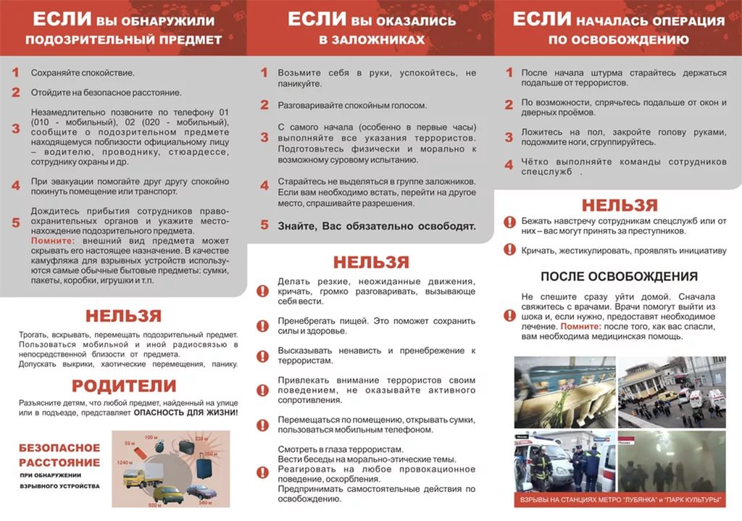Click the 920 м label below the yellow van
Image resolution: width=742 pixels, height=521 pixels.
coord(154,504)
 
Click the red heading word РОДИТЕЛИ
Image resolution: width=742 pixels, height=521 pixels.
coord(124,386)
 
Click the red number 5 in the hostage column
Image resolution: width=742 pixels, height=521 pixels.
coord(264,225)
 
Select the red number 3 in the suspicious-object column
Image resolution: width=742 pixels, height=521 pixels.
coord(16,128)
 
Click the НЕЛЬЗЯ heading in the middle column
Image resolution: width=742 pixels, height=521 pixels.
coord(371,262)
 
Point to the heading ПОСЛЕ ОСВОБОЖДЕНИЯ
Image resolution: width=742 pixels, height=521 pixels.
coord(619,276)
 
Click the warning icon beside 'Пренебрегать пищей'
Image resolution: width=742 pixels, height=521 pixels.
coord(263,325)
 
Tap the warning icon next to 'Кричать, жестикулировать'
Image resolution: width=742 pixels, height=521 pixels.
coord(509,250)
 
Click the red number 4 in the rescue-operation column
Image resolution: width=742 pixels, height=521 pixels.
coord(509,165)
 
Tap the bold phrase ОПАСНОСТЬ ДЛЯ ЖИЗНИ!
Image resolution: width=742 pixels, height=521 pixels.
coord(185,412)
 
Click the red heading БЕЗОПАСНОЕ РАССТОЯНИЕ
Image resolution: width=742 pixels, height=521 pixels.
coord(59,455)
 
